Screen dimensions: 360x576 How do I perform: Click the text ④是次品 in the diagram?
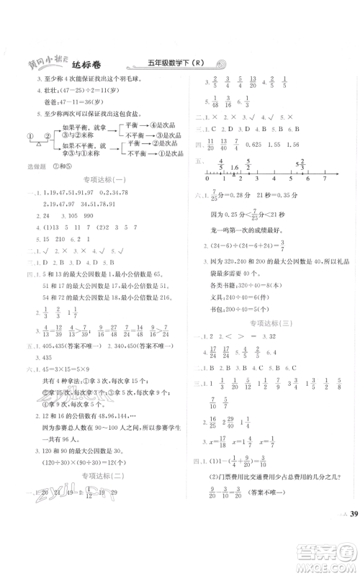pos(158,125)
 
